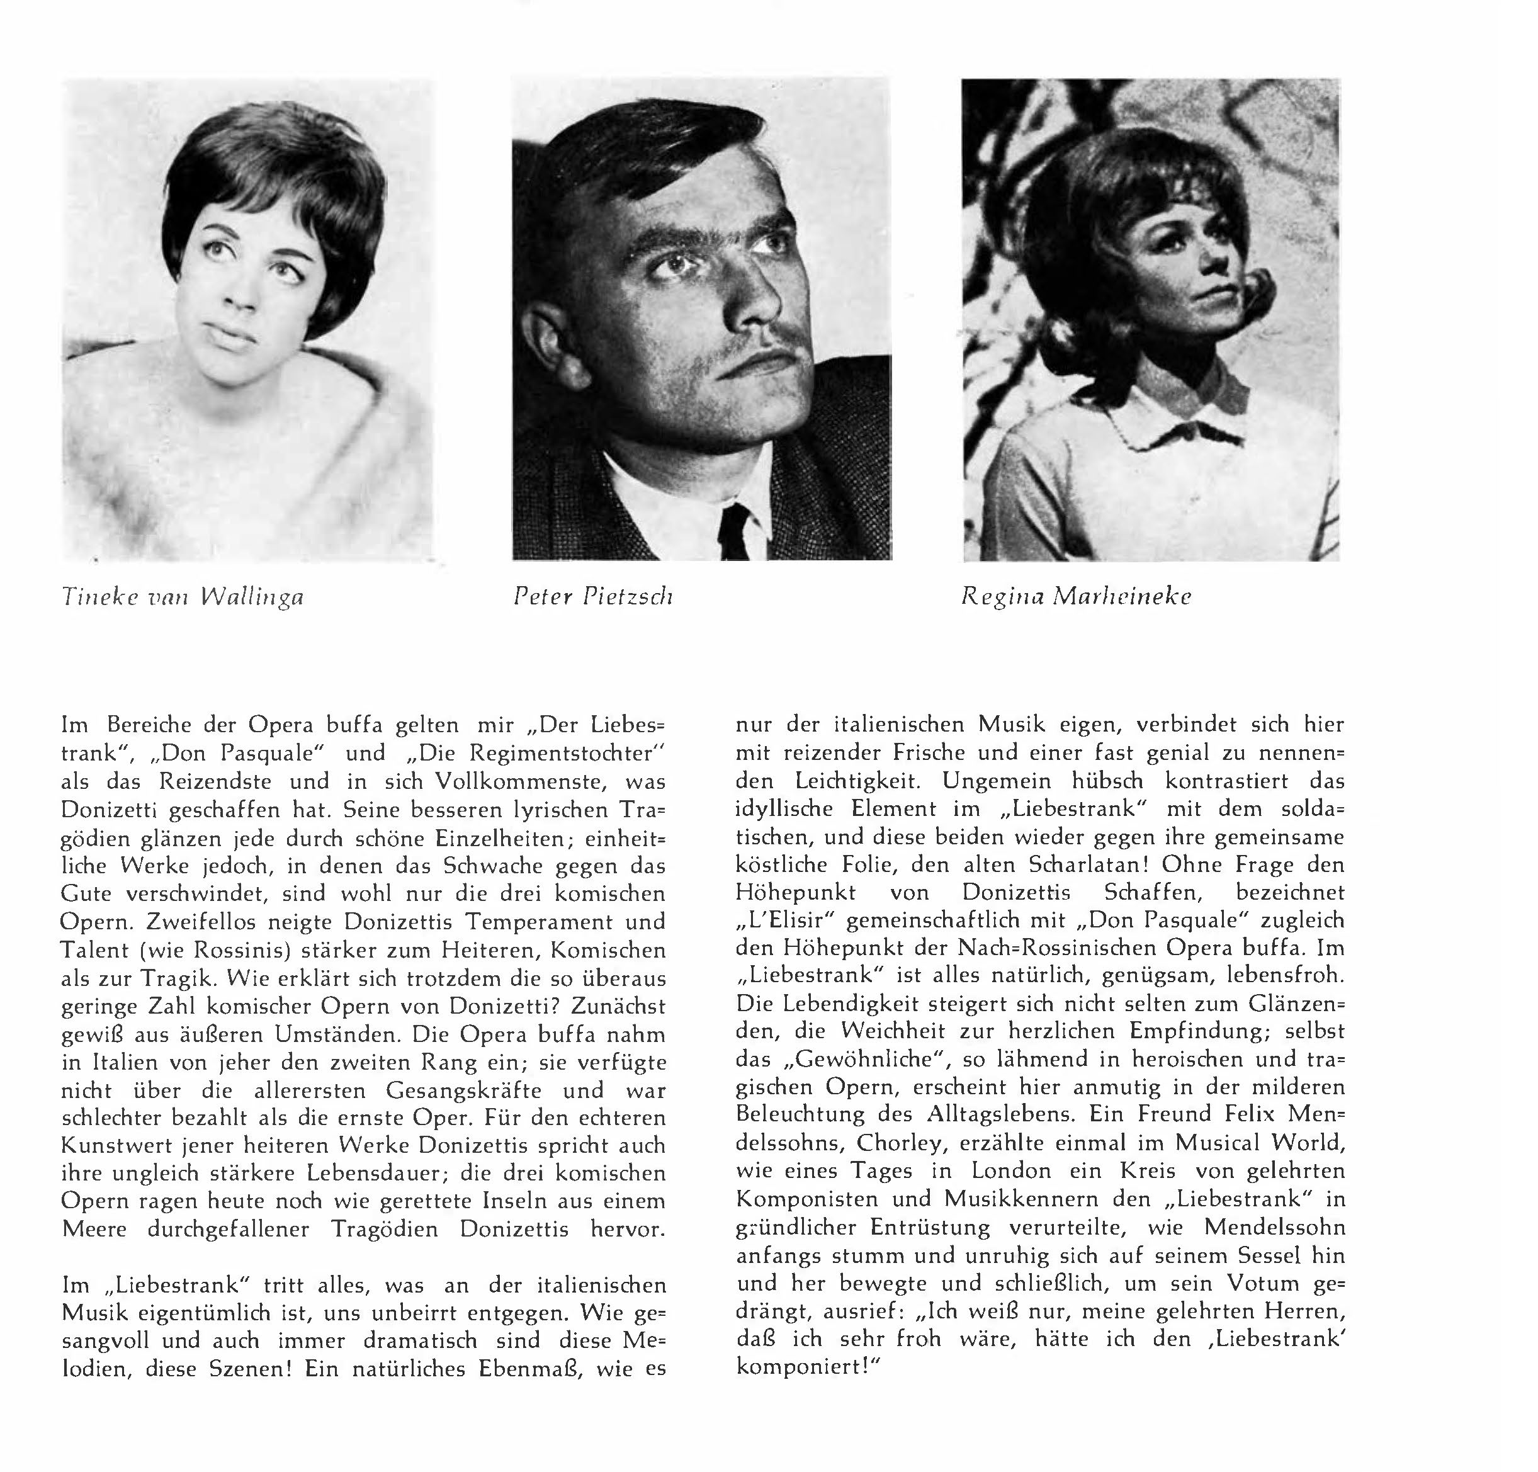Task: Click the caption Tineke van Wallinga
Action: click(182, 598)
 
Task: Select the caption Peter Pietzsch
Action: click(593, 598)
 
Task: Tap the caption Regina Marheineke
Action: click(1077, 598)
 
